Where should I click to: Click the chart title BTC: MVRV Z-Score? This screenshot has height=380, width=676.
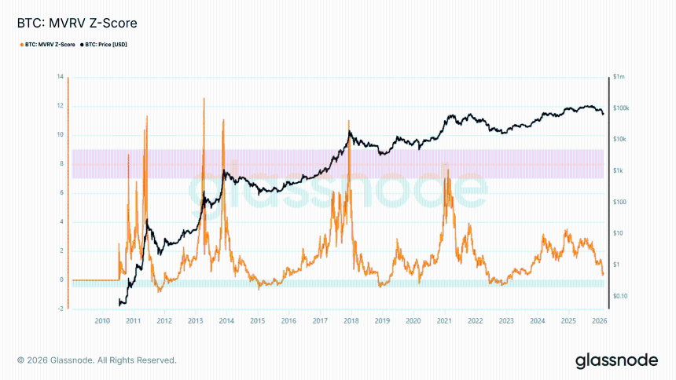tap(60, 24)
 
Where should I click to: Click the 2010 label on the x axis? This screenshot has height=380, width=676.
tap(102, 321)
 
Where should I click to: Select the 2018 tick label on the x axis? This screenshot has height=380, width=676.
tap(351, 321)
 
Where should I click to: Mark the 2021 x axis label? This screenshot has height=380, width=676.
tap(444, 321)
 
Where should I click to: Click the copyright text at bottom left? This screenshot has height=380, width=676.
tap(96, 360)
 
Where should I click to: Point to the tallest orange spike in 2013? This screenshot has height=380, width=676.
tap(204, 99)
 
